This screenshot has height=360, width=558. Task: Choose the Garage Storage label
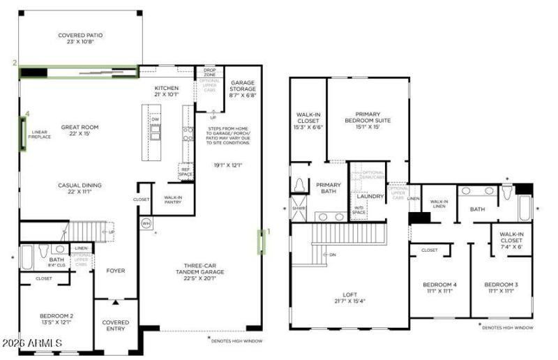coord(243,86)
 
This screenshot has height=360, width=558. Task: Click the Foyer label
coord(115,271)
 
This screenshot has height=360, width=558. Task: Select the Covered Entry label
coord(115,325)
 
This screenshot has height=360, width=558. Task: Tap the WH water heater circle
coord(146,224)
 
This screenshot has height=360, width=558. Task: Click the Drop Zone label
coord(209,72)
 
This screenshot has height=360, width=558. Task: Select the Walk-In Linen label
coord(439,204)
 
